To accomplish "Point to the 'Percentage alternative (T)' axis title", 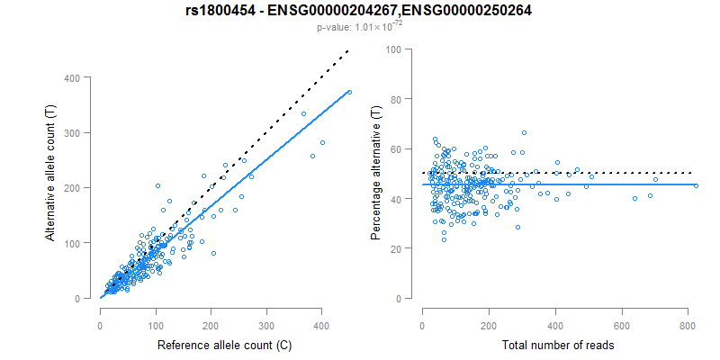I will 376,174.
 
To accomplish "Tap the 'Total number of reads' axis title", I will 558,346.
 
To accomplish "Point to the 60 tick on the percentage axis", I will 394,148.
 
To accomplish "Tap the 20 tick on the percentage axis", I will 394,248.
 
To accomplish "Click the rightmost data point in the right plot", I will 695,186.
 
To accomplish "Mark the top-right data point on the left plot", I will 349,92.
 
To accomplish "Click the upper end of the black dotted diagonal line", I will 349,50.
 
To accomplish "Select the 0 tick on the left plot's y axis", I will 85,298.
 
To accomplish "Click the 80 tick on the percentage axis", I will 394,99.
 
